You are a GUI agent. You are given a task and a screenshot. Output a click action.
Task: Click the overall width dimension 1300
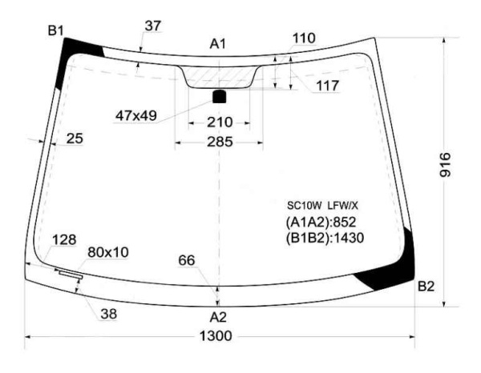216,336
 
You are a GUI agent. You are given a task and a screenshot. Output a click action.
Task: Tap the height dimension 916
445,165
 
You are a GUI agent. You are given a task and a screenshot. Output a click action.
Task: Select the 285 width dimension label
220,142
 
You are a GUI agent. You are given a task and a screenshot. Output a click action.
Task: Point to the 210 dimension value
220,122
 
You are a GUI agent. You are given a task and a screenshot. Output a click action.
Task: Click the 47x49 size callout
136,116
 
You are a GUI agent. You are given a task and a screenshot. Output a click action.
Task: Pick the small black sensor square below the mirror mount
220,96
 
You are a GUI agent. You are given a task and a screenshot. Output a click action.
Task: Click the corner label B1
55,30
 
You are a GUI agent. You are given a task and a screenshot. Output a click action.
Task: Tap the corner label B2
426,287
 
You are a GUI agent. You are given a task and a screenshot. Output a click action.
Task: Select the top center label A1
217,44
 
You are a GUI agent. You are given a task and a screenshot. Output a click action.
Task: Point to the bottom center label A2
218,317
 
